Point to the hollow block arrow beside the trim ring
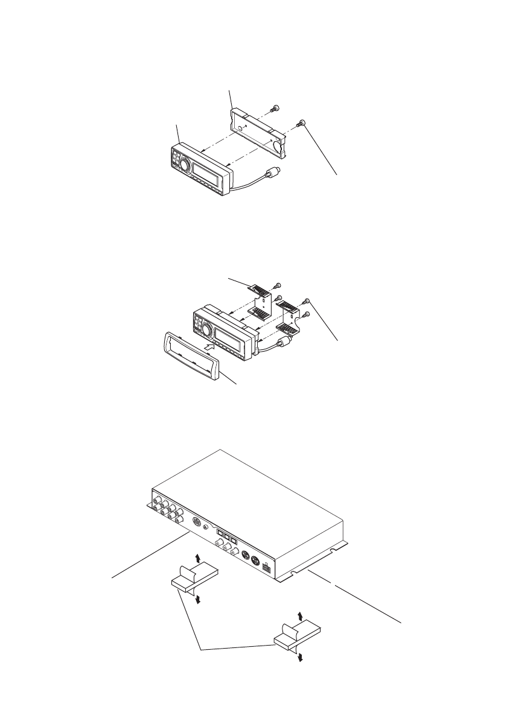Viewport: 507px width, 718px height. tap(209, 348)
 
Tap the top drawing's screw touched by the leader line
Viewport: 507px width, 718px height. tap(301, 124)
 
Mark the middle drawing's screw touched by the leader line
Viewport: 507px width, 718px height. tap(308, 300)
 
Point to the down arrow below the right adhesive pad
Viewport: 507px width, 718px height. tap(301, 657)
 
